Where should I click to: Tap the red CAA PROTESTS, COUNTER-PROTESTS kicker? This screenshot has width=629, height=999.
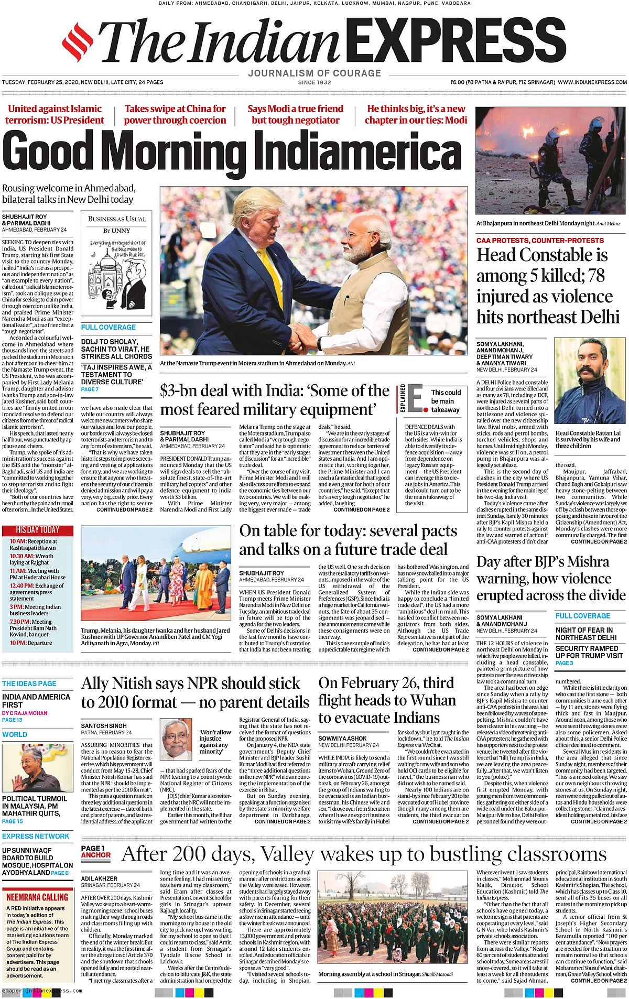pos(540,241)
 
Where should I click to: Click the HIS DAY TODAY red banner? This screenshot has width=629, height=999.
pos(38,530)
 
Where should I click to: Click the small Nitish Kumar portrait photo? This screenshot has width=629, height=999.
pos(176,740)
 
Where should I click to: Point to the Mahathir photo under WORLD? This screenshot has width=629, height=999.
pos(38,767)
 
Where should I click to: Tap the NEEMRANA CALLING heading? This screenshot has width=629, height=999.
pos(37,897)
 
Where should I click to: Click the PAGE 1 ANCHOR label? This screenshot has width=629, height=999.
pos(96,852)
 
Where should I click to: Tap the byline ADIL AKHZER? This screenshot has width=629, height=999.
pos(100,878)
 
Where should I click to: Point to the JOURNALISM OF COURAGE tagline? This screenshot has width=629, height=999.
pos(314,73)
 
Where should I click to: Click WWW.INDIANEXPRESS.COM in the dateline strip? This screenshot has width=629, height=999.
pos(592,82)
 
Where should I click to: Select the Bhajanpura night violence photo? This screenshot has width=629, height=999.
pos(551,161)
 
